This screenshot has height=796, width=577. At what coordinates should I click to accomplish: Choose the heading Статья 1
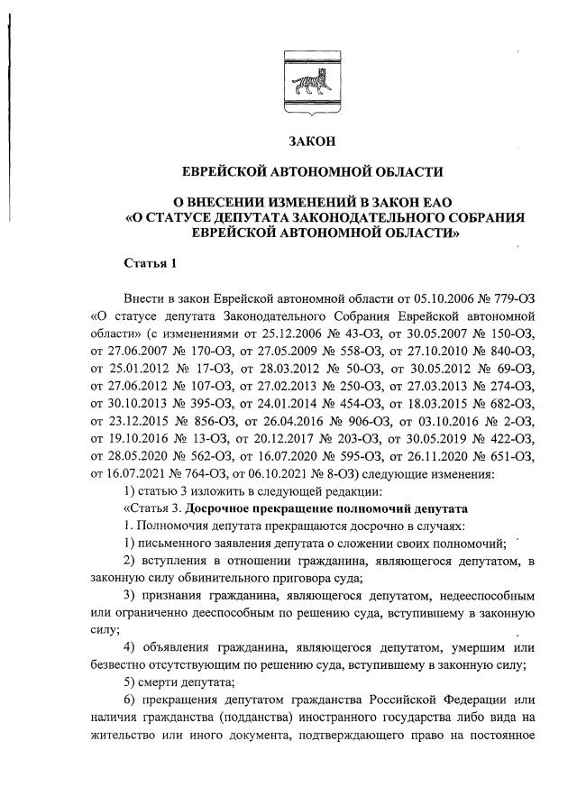151,263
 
